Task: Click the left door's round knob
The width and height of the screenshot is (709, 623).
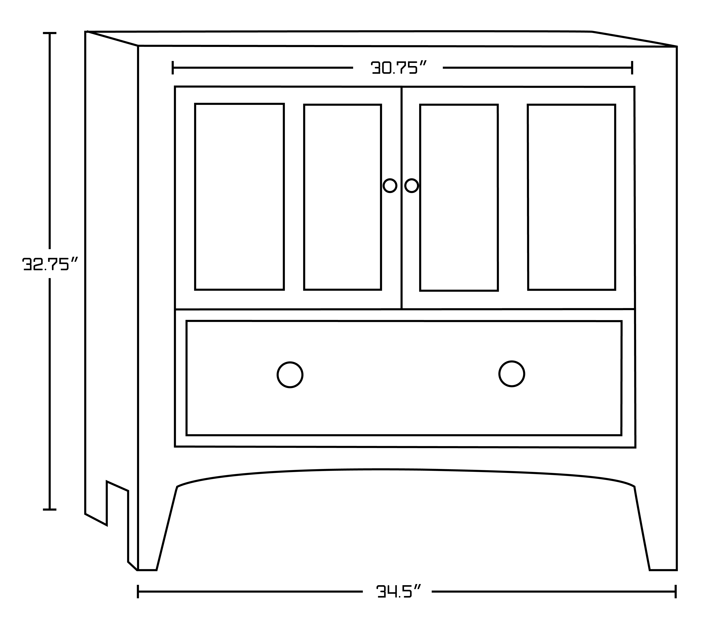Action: (x=390, y=186)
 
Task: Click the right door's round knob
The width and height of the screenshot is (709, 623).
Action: (x=411, y=186)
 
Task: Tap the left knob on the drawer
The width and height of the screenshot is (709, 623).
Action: (x=290, y=375)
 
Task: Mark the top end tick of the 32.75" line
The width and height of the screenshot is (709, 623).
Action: (x=50, y=33)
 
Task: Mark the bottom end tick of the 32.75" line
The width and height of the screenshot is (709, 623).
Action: (x=50, y=510)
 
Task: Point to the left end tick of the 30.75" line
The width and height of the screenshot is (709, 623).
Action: (x=173, y=68)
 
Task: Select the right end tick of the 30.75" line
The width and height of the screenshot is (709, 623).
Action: (x=632, y=68)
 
